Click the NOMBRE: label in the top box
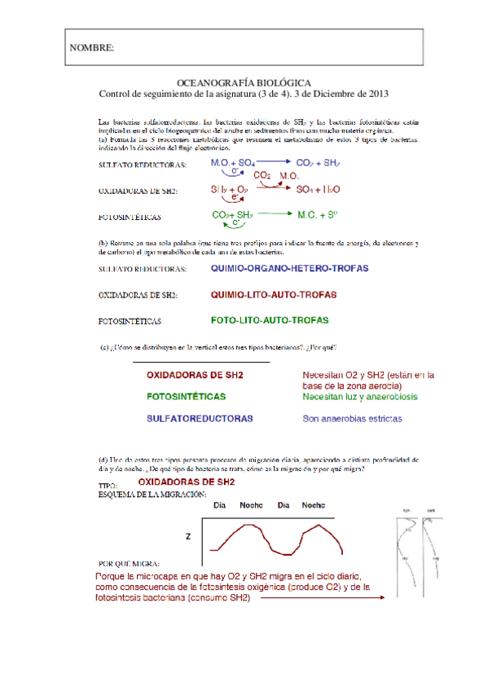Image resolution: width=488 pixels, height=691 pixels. [x=91, y=48]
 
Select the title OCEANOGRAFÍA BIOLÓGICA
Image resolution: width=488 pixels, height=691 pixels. [x=243, y=83]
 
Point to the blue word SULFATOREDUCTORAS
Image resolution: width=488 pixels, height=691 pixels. [x=199, y=418]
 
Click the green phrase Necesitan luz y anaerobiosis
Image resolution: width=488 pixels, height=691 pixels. [x=359, y=397]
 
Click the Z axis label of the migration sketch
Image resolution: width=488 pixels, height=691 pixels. [x=187, y=536]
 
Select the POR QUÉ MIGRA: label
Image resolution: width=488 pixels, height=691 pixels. [x=128, y=564]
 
